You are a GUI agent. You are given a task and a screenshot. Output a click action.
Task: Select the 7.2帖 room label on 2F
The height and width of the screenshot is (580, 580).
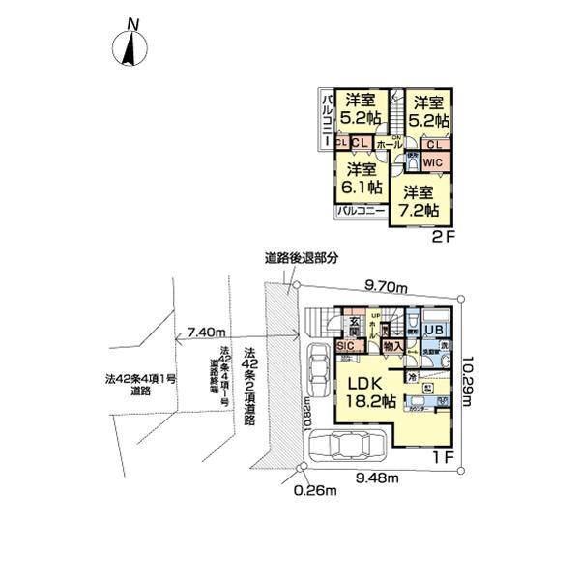tap(421, 199)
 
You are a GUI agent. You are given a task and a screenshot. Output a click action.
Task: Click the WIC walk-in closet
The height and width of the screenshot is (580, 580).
tap(432, 162)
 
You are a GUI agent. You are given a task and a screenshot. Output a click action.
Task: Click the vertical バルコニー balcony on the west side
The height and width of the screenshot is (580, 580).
tap(328, 119)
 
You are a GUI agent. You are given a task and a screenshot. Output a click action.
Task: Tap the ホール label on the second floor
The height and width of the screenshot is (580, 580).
tap(384, 145)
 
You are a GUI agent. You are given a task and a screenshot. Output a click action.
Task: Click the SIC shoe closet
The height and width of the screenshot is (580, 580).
tap(345, 345)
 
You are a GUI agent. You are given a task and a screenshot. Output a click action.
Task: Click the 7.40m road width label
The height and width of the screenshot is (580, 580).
tap(209, 331)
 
